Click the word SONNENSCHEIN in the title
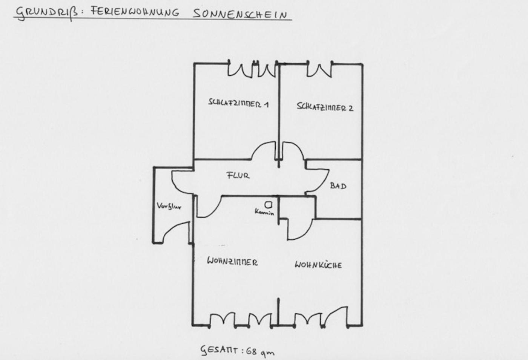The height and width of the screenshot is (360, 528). pos(240,14)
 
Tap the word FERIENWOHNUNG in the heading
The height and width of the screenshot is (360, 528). pos(135,12)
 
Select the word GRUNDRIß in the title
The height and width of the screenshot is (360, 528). pos(47,14)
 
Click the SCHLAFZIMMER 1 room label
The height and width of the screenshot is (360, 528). pos(238,103)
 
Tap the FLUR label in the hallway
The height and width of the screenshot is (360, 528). pos(238,175)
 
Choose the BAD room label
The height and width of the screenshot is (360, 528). pos(338,185)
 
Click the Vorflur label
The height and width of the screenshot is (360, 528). pos(169,206)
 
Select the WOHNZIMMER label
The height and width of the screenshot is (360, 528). pos(232,262)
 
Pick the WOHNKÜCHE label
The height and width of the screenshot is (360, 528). pos(318,265)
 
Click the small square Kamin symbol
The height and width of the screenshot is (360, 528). pos(268,205)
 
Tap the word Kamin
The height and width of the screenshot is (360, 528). pos(264,212)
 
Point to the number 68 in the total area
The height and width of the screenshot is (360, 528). pos(252,352)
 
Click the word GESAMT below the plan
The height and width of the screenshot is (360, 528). pos(219,350)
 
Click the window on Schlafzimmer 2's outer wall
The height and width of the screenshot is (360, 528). pos(319,69)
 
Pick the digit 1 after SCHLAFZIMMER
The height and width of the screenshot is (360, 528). pos(266,104)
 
